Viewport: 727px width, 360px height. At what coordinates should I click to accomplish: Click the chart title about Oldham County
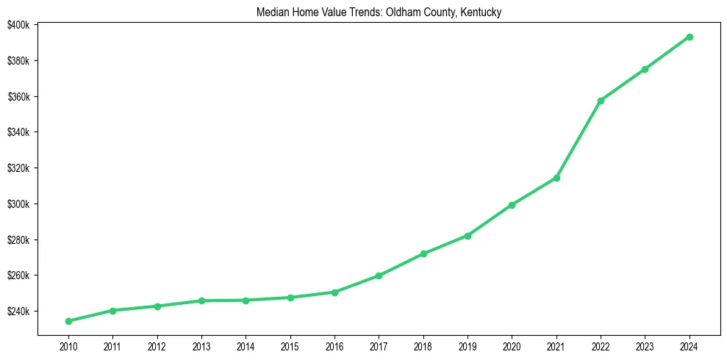tap(379, 12)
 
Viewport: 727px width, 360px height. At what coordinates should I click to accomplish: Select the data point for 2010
tap(68, 321)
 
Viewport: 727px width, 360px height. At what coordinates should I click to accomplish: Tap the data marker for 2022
tap(601, 101)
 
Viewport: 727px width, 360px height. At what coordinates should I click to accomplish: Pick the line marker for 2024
tap(690, 37)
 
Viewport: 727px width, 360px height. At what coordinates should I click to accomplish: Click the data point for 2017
tap(379, 276)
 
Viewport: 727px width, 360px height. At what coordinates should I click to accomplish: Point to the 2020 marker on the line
tap(512, 205)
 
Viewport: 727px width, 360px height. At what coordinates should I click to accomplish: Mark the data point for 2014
tap(246, 300)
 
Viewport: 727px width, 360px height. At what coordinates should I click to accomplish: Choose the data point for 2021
tap(556, 178)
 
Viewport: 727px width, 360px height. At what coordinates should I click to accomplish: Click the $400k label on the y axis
tap(18, 25)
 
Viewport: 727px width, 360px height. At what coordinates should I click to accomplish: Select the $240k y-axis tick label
tap(18, 312)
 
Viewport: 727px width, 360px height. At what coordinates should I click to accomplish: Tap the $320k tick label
tap(18, 168)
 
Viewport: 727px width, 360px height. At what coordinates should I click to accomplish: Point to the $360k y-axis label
tap(18, 97)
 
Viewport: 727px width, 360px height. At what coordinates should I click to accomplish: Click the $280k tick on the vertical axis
tap(18, 240)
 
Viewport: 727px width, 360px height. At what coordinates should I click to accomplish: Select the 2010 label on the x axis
tap(68, 346)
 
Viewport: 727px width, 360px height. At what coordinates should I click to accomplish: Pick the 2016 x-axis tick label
tap(334, 346)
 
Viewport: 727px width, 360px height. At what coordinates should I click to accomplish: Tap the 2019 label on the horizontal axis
tap(468, 346)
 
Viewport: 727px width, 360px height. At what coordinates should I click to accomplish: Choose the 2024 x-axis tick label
tap(690, 346)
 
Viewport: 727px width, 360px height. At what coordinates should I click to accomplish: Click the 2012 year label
tap(157, 346)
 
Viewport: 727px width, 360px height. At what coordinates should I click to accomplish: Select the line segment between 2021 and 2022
tap(579, 140)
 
